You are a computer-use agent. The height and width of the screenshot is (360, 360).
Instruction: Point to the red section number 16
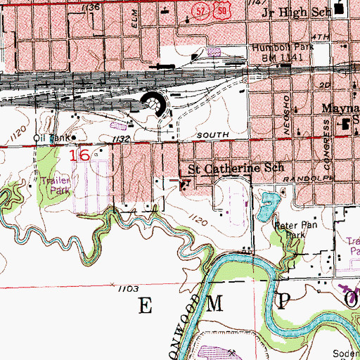point(79,154)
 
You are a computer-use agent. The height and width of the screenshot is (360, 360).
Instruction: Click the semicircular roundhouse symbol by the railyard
point(156,105)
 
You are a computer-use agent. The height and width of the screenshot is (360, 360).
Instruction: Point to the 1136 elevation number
point(90,6)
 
